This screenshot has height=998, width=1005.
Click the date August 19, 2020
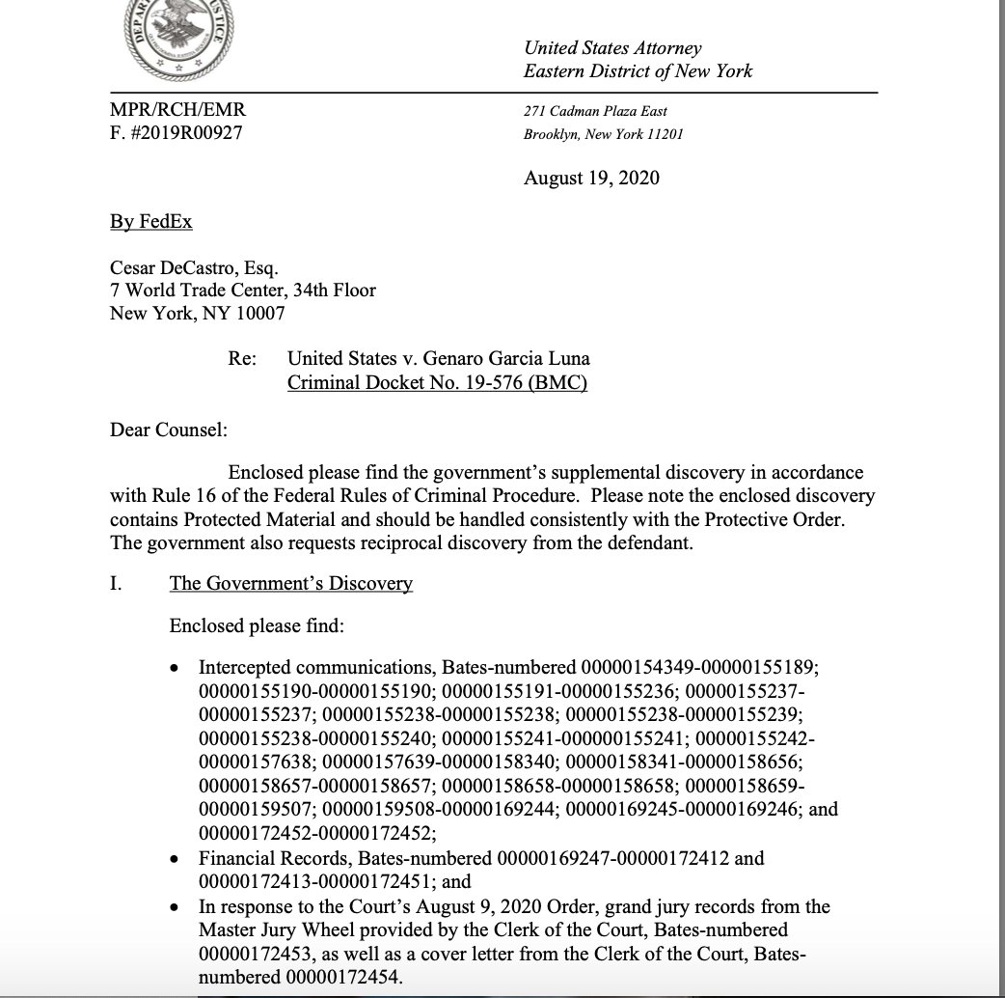click(x=591, y=178)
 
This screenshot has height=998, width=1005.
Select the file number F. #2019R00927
click(x=177, y=133)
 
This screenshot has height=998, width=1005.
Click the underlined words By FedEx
click(x=151, y=222)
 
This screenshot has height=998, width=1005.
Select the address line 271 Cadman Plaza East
click(x=595, y=112)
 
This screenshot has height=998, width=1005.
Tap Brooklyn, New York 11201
click(x=603, y=134)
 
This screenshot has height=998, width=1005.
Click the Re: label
click(x=242, y=359)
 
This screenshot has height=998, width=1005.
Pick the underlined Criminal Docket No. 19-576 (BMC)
click(x=438, y=382)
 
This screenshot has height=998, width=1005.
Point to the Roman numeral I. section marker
click(x=115, y=583)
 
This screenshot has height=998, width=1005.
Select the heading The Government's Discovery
click(x=290, y=583)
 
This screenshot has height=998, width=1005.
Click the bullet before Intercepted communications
click(x=175, y=668)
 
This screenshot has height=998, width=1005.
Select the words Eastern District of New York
click(x=638, y=71)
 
